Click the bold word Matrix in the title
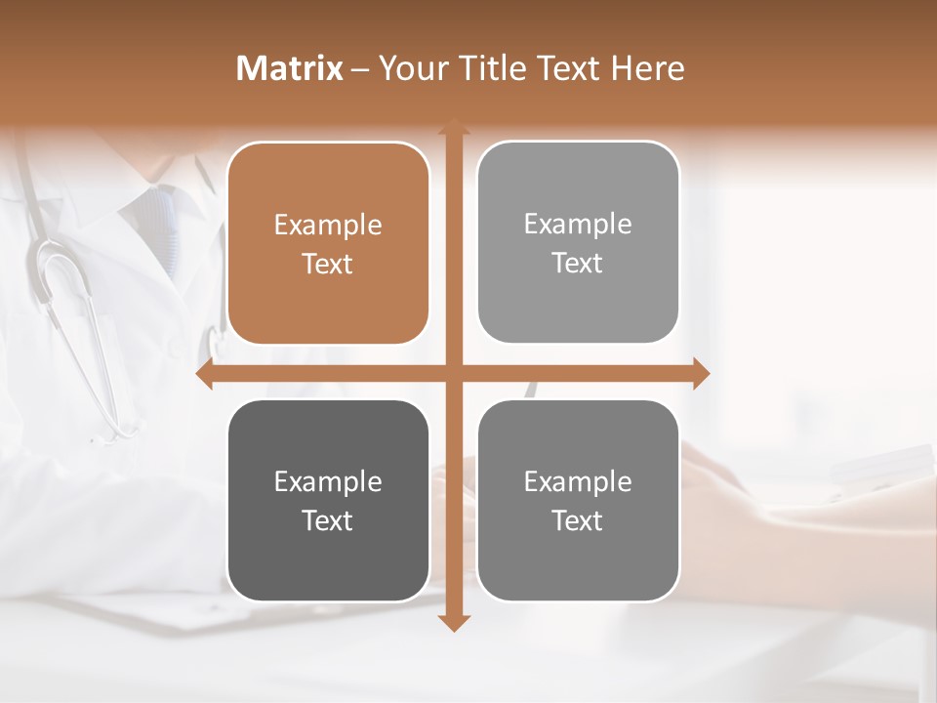pyautogui.click(x=290, y=68)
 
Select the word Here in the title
pyautogui.click(x=647, y=68)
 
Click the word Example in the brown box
pyautogui.click(x=328, y=226)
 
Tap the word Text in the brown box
pyautogui.click(x=328, y=265)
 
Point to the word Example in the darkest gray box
pyautogui.click(x=328, y=482)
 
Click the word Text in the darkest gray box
pyautogui.click(x=328, y=521)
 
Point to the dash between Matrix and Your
pyautogui.click(x=361, y=69)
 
